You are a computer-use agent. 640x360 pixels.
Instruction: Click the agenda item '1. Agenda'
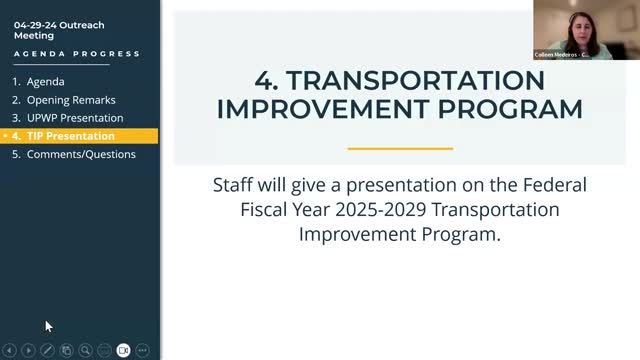tap(45, 82)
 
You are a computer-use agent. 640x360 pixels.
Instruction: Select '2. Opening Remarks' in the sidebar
tap(70, 100)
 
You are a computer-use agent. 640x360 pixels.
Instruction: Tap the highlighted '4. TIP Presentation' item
tap(70, 136)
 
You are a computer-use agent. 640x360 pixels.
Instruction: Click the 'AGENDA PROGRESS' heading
tap(77, 54)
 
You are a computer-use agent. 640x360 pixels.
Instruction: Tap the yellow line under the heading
tap(400, 148)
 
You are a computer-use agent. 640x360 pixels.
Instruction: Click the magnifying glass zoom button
tap(86, 350)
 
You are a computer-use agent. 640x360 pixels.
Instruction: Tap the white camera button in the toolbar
tap(124, 350)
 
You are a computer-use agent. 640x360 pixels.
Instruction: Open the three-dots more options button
tap(143, 350)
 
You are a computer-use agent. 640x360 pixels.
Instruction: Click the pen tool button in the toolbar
tap(47, 350)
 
